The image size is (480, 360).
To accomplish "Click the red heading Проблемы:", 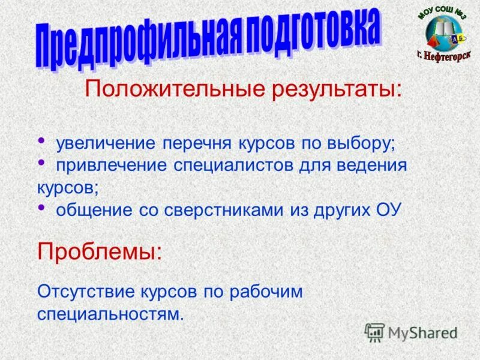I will (x=100, y=251).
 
